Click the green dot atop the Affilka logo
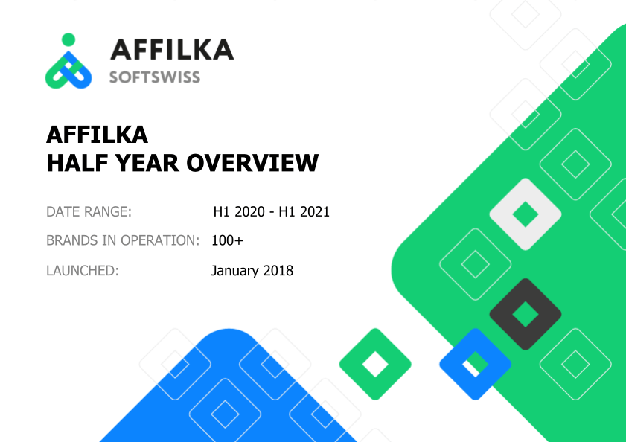68,39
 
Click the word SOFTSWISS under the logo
155,77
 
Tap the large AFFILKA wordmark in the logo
172,50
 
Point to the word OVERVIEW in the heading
252,163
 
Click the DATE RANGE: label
89,211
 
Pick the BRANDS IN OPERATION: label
123,240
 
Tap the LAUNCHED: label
82,271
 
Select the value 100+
227,240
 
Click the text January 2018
252,271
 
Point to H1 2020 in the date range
239,211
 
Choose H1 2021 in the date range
304,211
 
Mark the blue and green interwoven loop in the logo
68,70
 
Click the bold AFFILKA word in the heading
97,135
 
